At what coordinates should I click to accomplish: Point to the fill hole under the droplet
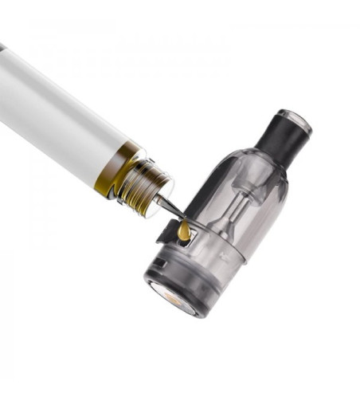[186, 240]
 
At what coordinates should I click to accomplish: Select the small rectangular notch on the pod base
[159, 263]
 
